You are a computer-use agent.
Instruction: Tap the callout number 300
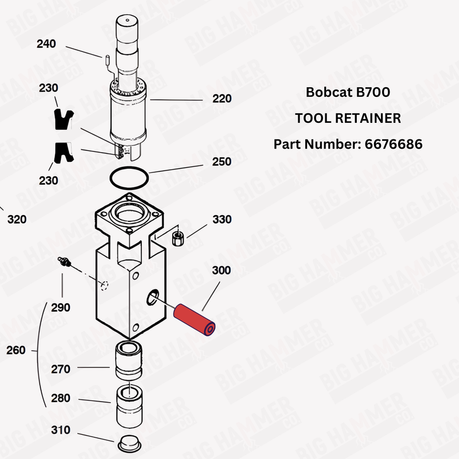(221, 270)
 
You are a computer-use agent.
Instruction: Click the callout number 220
(221, 99)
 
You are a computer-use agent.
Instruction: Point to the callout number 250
(221, 162)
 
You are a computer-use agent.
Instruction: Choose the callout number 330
(221, 220)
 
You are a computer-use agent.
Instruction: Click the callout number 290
(60, 308)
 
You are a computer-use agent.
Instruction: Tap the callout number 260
(15, 350)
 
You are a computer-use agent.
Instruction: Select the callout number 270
(60, 369)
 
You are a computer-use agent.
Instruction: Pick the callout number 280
(60, 398)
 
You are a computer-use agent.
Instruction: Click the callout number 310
(60, 430)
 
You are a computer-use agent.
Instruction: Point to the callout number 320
(17, 220)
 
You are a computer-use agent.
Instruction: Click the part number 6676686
(393, 143)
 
